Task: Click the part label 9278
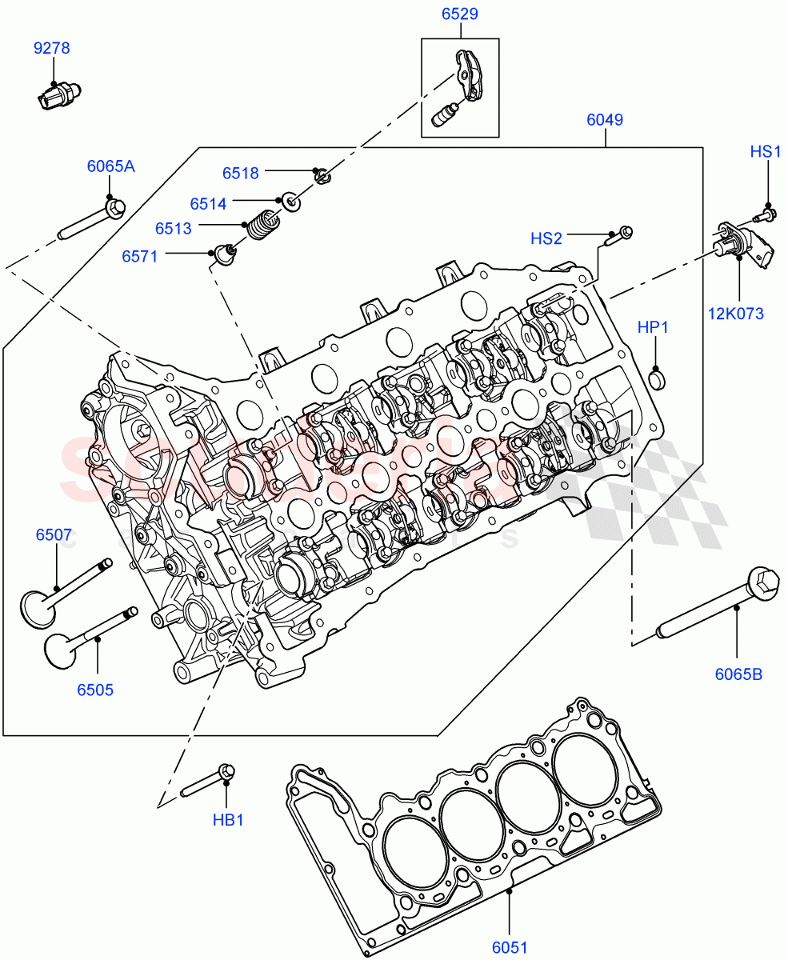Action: point(51,49)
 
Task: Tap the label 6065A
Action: point(110,166)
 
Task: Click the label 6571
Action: point(139,256)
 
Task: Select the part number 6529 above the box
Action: point(460,14)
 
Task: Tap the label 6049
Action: point(605,120)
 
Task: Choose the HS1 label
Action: point(765,151)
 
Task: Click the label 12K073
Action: point(735,314)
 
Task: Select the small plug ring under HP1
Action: point(656,378)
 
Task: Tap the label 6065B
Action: point(738,674)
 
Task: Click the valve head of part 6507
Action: point(38,607)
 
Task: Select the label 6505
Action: point(95,690)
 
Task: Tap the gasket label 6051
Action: point(510,948)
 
